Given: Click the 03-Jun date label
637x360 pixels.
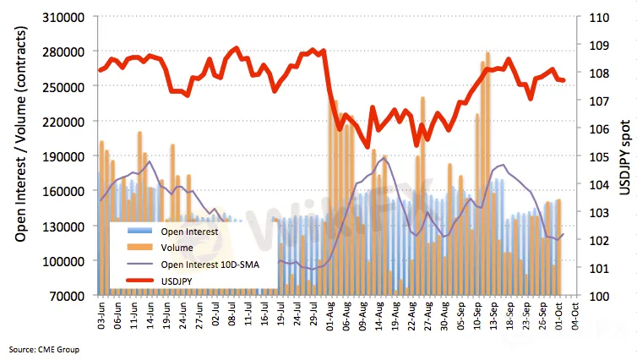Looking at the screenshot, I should tap(103, 319).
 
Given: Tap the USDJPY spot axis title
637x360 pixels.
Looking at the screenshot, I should tap(625, 156).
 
